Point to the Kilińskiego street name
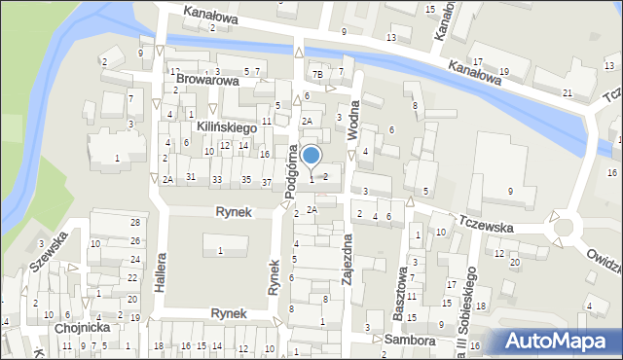[225, 127]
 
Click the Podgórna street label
[290, 171]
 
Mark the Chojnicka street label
[82, 328]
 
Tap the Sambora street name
[408, 340]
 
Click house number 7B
[317, 74]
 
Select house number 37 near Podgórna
[267, 181]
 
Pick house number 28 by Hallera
[135, 224]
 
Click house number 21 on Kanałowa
[567, 92]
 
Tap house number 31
[191, 176]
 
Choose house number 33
[216, 180]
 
